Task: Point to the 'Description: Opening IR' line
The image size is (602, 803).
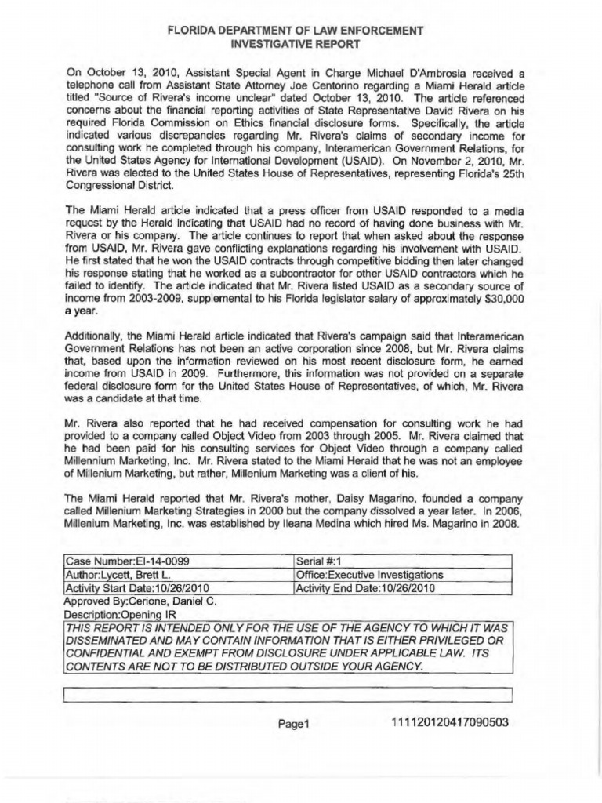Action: point(119,614)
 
